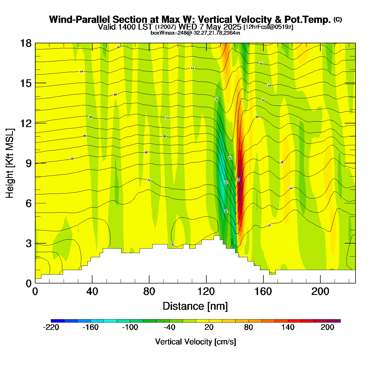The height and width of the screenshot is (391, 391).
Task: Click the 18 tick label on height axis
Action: (26, 43)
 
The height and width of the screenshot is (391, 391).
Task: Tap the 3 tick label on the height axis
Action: (28, 244)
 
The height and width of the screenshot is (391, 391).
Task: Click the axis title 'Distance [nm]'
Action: (195, 306)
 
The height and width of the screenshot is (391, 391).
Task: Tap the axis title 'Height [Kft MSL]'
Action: (10, 163)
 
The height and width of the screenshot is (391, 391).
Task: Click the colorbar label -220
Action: (51, 327)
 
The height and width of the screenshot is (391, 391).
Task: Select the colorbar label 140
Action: (288, 327)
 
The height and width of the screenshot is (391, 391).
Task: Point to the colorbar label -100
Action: (130, 327)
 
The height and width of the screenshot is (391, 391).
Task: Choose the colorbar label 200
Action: (327, 327)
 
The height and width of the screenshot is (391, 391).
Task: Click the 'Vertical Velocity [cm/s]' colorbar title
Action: (195, 342)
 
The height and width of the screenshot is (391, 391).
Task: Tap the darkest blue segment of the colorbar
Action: (58, 321)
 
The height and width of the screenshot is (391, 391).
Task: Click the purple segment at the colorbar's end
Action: (334, 321)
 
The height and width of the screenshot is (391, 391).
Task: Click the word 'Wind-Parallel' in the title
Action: (80, 20)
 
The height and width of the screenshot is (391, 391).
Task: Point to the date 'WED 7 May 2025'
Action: (210, 27)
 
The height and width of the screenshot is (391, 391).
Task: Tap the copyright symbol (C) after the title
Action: (338, 19)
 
